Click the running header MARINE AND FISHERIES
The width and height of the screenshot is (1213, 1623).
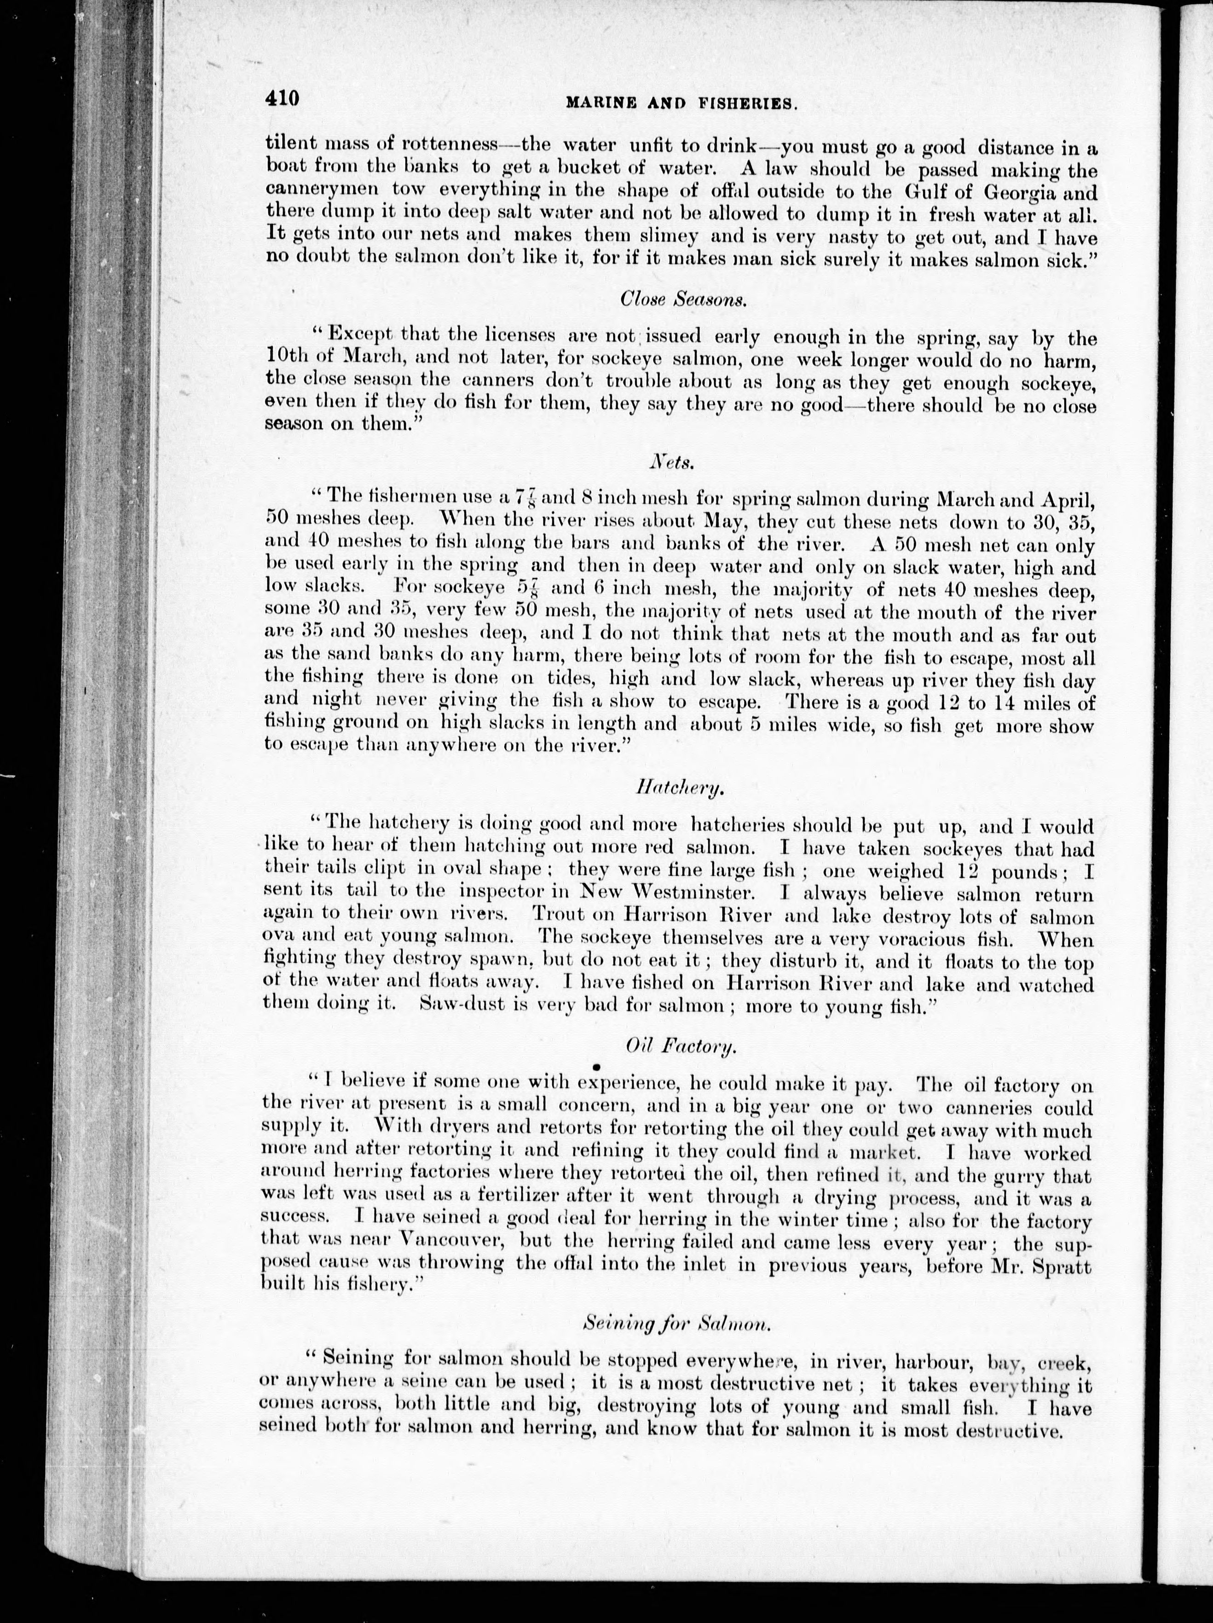point(681,104)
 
